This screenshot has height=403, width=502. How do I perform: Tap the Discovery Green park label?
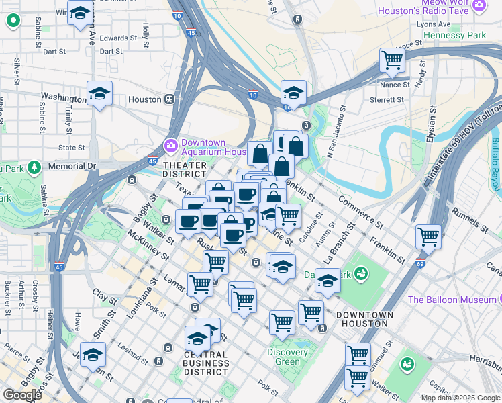click(x=287, y=357)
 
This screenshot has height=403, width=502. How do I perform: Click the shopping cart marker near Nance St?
click(x=392, y=60)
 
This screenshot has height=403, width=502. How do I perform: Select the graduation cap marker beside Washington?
click(x=99, y=93)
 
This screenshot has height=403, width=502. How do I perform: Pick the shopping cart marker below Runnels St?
click(x=428, y=236)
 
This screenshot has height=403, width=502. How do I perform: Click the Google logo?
click(x=22, y=394)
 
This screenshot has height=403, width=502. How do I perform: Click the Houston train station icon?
click(x=170, y=99)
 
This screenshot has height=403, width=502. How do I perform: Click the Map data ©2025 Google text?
click(x=460, y=398)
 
